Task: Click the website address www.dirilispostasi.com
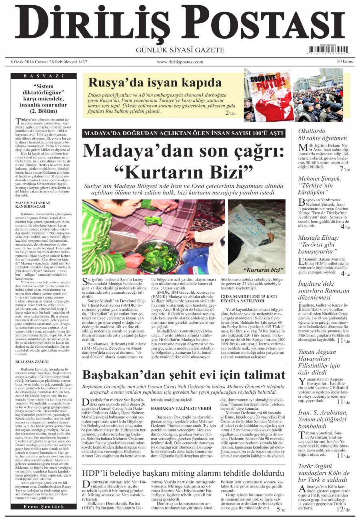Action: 180,62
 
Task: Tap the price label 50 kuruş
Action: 345,62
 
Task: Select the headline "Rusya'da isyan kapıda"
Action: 155,82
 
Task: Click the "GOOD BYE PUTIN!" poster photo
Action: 268,95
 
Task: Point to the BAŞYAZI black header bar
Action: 44,76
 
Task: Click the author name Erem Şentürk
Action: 44,507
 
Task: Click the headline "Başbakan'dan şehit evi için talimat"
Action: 184,375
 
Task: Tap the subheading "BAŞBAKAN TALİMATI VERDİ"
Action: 177,409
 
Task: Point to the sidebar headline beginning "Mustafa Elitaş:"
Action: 318,244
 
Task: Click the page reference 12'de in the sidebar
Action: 340,510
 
